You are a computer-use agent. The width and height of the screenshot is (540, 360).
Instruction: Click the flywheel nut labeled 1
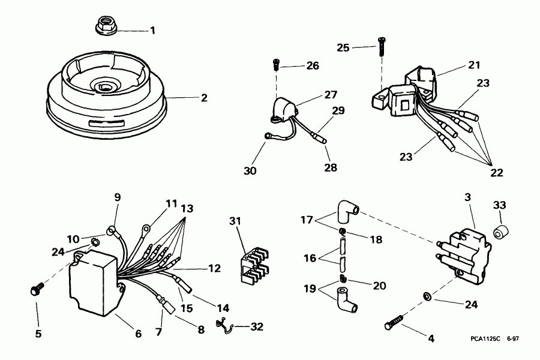(x=106, y=26)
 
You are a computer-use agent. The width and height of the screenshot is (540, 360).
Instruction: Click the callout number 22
(x=496, y=172)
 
